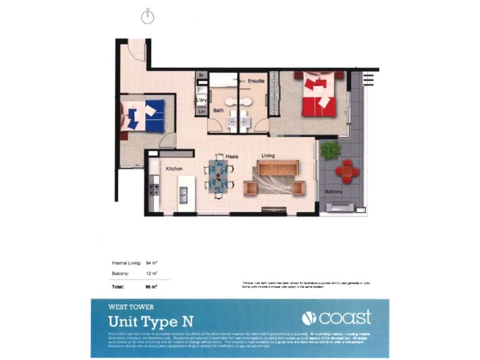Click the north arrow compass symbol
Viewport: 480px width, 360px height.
pos(148,18)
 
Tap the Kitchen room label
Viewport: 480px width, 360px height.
pos(175,169)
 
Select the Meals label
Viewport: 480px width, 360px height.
pos(232,157)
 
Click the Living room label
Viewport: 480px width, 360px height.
pos(268,156)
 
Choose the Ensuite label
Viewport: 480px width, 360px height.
pos(256,80)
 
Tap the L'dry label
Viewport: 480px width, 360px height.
pos(202,100)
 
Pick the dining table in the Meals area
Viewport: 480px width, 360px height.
pos(220,173)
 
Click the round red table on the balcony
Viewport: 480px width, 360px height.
pos(347,171)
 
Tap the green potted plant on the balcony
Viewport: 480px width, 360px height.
pos(330,149)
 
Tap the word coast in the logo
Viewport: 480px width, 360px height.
pos(344,318)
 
